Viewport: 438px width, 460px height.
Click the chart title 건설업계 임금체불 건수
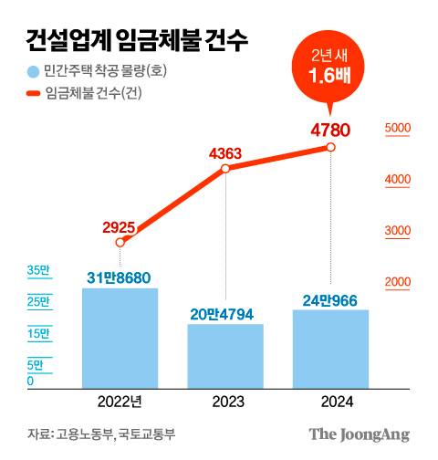(x=137, y=40)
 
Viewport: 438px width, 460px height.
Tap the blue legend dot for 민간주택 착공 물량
(x=33, y=71)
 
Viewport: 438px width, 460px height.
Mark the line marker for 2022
(x=120, y=242)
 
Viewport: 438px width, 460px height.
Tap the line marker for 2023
(x=225, y=169)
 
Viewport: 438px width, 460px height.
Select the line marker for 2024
(x=330, y=147)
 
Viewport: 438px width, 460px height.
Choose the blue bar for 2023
(x=225, y=356)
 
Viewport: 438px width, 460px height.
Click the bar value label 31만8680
(x=120, y=276)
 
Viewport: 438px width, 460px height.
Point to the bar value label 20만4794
(x=225, y=313)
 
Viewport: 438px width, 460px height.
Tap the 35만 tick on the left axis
(x=38, y=271)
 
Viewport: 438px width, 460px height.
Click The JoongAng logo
(x=358, y=434)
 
